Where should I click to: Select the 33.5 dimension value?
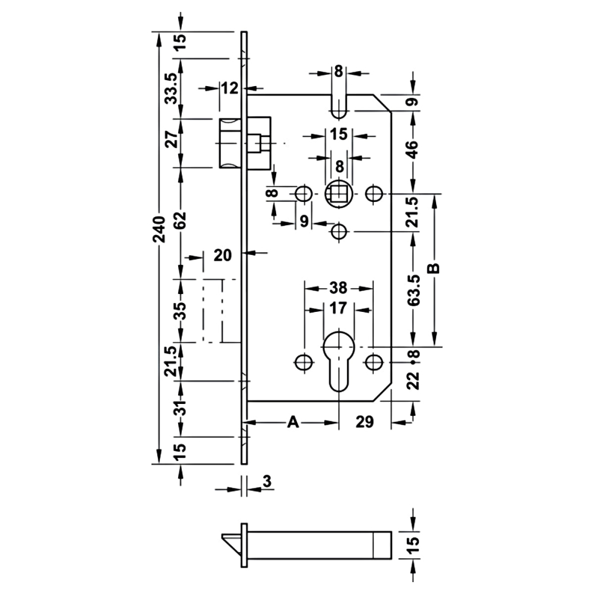click(172, 88)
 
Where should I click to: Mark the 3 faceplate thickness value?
click(267, 482)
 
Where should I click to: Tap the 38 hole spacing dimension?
click(338, 288)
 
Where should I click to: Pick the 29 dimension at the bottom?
click(365, 422)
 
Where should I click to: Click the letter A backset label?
click(292, 422)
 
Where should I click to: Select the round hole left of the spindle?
click(304, 193)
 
